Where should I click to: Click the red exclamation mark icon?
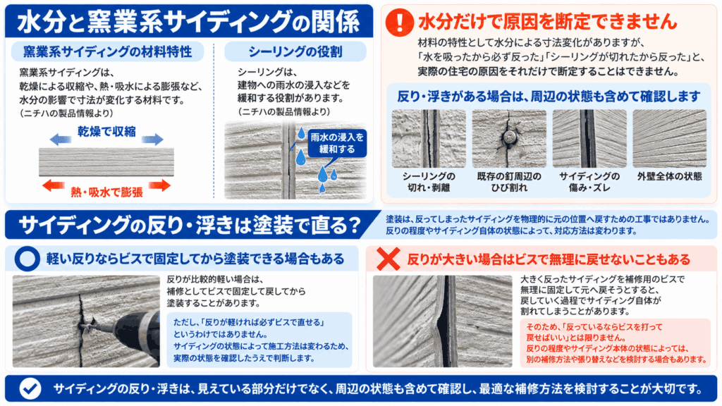[399, 22]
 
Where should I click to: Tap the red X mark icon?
[388, 259]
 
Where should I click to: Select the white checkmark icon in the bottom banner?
[30, 388]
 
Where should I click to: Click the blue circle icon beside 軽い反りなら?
[27, 259]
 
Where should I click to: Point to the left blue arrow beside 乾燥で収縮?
[61, 139]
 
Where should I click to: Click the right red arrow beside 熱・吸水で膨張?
[160, 185]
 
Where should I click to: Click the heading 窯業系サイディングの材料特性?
[107, 51]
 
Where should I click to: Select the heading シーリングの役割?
[295, 51]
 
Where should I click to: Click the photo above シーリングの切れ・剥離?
[429, 139]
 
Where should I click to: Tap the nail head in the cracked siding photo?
[509, 137]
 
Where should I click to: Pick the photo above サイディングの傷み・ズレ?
[589, 139]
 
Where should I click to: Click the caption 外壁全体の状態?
[670, 176]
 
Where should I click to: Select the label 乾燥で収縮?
[106, 132]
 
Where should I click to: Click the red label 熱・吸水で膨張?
[106, 192]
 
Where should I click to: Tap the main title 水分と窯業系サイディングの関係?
[188, 22]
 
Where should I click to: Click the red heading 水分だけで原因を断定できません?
[548, 21]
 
